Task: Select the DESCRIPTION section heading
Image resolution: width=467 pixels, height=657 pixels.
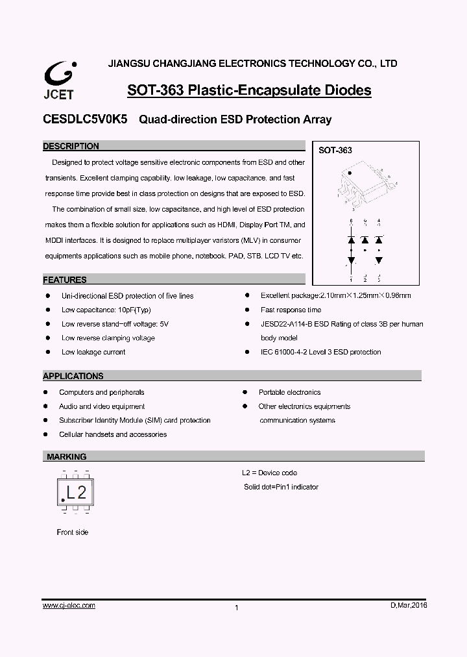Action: tap(71, 146)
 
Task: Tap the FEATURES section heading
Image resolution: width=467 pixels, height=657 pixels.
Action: tap(65, 280)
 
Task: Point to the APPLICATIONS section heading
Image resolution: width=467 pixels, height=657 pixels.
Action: tap(73, 376)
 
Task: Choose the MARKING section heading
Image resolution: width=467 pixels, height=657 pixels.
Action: tap(66, 456)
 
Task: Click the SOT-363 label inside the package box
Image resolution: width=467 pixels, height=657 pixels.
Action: tap(335, 150)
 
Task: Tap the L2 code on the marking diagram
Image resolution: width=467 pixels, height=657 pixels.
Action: tap(77, 491)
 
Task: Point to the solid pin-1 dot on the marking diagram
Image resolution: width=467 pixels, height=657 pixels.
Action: tap(63, 499)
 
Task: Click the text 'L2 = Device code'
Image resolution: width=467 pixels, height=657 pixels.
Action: tap(269, 473)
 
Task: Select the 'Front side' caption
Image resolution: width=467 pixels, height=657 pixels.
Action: tap(73, 532)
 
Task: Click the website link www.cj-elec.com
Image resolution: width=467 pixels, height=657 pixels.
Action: tap(69, 605)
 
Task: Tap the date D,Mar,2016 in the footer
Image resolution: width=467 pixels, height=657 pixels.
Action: tap(409, 605)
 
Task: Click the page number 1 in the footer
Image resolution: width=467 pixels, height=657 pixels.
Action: tap(237, 608)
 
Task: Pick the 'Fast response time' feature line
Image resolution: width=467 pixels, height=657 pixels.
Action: tap(291, 310)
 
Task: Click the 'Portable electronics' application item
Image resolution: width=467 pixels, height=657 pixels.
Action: tap(289, 392)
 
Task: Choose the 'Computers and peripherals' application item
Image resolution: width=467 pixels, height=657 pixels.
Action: tap(102, 392)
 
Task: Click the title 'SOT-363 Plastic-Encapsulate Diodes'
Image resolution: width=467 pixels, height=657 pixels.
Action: tap(249, 90)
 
